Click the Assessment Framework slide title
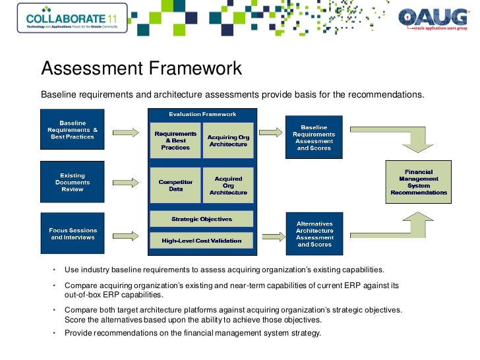point(141,68)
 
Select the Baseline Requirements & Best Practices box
point(72,130)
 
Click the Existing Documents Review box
point(72,182)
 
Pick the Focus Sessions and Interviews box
point(72,233)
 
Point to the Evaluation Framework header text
point(202,114)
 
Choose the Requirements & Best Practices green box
point(175,140)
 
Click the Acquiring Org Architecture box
point(227,140)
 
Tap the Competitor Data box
point(175,185)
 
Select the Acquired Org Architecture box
point(227,185)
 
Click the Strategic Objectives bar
point(201,219)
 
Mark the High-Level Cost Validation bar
point(201,241)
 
